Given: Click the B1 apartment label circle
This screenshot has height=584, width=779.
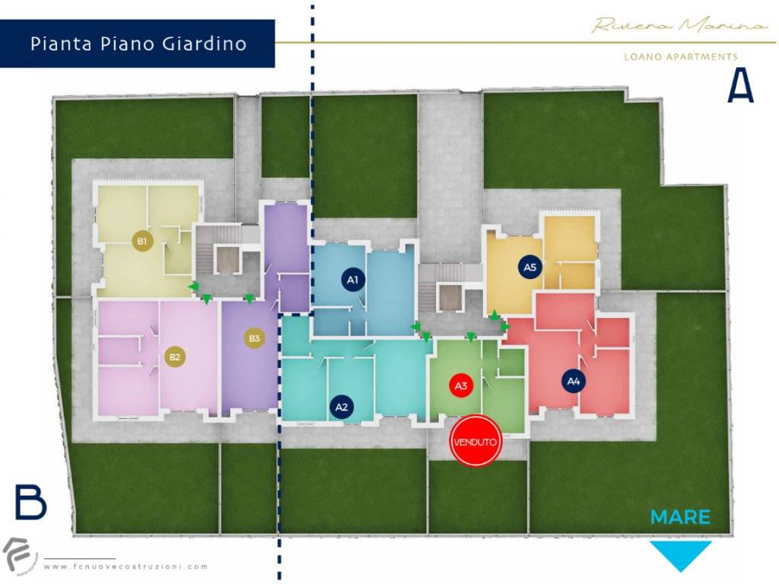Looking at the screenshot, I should coord(141,241).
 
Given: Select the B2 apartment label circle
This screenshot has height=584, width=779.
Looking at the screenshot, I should coord(175,357).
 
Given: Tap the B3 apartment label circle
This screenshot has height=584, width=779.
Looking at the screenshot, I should coord(254,338).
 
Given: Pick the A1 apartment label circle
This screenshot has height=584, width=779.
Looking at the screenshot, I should coord(352,280).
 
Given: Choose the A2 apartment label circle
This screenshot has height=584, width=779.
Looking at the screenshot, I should coord(342,407).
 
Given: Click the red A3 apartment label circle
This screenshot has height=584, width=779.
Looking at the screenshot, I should coord(460,386).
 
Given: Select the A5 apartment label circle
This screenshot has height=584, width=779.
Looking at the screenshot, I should coord(530,267).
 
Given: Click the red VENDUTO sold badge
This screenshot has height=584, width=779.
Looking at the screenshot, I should coord(475,440).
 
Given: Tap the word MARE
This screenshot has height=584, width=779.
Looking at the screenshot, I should coord(680,518).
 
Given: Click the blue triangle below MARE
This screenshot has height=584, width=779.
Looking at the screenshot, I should coord(680,554).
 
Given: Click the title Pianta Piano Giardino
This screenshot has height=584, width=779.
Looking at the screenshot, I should coord(138,43).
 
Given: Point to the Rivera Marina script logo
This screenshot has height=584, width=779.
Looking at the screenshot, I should coord(679,26).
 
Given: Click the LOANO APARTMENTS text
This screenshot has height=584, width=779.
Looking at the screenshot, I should coord(680,57).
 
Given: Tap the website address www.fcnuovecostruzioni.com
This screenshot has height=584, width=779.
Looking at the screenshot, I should coord(126,567).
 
